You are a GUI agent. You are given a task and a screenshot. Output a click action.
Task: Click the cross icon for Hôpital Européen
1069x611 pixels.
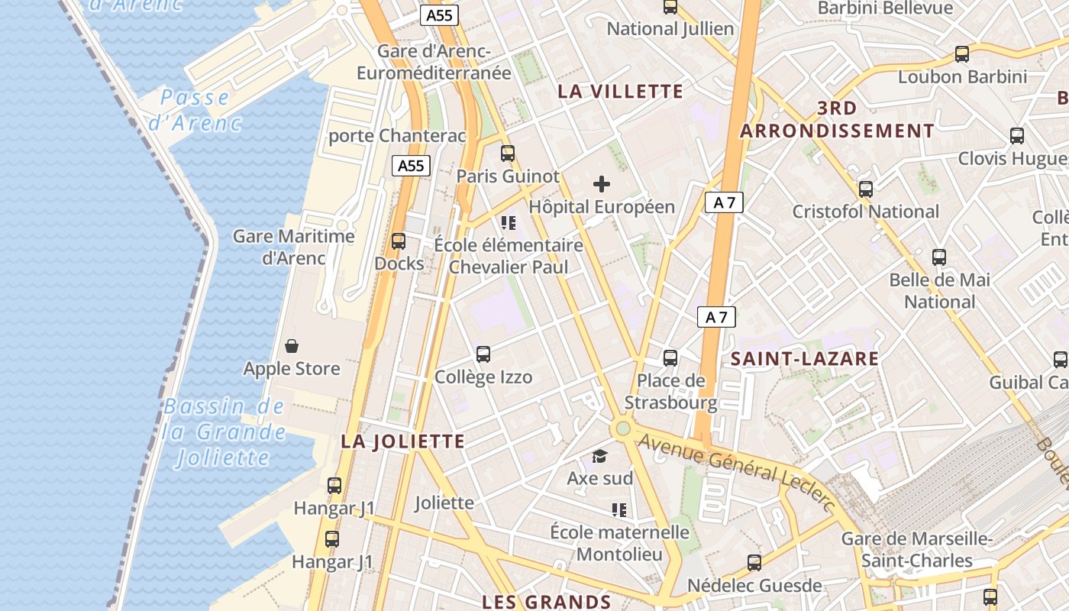coord(602,184)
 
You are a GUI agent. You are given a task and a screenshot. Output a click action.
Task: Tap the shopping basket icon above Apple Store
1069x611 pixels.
coord(291,347)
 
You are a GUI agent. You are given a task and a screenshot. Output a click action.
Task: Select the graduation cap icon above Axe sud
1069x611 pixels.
coord(600,457)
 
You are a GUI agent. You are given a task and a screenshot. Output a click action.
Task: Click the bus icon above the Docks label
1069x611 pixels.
coord(399,241)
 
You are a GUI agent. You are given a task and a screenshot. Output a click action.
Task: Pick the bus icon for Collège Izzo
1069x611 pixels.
coord(483,354)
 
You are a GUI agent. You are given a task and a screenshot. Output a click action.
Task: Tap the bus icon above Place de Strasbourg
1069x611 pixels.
coord(670,357)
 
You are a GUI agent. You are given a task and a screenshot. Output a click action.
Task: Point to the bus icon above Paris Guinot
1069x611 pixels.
coord(508,154)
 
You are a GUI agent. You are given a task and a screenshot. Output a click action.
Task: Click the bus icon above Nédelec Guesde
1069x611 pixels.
coord(754,563)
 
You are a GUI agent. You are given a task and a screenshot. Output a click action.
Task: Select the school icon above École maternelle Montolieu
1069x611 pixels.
coord(619,509)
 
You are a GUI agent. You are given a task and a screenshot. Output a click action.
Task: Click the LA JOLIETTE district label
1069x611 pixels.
coord(402,441)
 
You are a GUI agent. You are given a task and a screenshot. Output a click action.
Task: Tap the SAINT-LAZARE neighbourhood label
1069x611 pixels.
coord(805,359)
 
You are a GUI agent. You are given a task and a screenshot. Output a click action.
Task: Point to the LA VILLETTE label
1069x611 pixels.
coord(620,92)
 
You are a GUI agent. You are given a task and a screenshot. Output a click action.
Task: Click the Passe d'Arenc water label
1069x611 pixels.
coord(195,110)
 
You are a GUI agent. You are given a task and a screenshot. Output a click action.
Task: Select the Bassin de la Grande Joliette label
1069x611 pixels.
coord(224,432)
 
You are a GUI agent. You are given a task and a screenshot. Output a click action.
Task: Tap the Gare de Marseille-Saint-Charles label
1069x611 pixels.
coord(916,550)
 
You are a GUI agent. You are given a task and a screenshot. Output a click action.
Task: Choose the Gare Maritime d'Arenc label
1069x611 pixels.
coord(294,247)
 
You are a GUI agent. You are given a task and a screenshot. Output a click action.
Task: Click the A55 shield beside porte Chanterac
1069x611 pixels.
coord(412,166)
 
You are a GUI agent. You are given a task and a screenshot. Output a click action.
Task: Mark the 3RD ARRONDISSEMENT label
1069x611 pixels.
coord(837,119)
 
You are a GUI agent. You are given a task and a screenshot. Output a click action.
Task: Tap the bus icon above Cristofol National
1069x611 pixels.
coord(865,189)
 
